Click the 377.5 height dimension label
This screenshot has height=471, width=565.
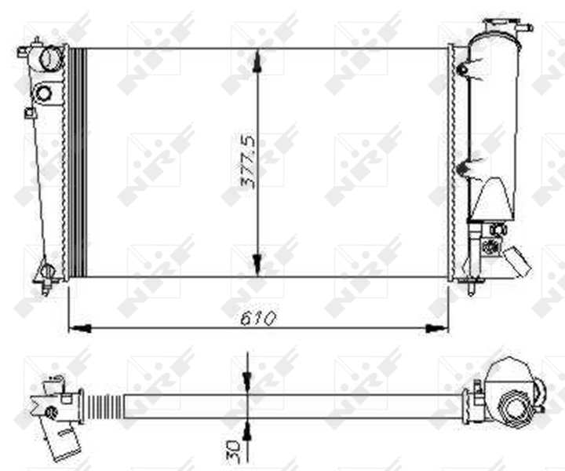(249, 162)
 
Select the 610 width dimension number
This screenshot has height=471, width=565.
(258, 318)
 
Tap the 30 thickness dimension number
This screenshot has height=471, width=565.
(233, 450)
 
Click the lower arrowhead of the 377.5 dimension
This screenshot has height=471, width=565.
(257, 265)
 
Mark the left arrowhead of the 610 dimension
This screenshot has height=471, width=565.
(79, 328)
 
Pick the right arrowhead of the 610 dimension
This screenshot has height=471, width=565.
(437, 328)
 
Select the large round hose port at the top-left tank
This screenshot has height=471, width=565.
(50, 58)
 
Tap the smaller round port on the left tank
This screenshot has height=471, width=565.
(44, 93)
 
